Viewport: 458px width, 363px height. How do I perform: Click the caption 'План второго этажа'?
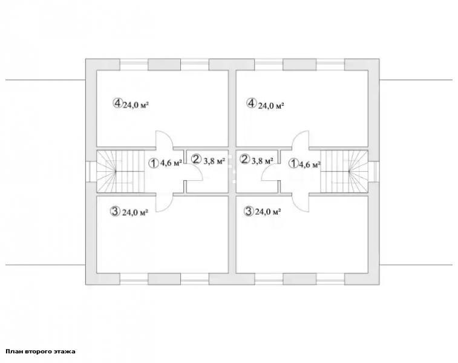[41, 352]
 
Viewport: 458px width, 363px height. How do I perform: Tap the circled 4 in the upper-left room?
[117, 103]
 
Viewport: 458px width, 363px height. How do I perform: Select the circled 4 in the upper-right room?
[251, 103]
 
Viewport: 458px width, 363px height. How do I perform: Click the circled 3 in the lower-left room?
[115, 211]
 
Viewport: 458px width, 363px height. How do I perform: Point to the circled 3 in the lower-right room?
[249, 211]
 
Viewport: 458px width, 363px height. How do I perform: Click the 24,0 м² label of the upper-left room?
[136, 105]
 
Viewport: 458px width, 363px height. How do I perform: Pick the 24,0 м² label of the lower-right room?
[268, 212]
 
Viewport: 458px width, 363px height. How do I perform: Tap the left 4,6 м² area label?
[171, 163]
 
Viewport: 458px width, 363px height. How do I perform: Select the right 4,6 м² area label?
[309, 165]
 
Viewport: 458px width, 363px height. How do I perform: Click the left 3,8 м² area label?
[214, 160]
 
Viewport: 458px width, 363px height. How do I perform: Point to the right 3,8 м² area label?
[263, 160]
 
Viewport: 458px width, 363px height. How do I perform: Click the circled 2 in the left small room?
[196, 159]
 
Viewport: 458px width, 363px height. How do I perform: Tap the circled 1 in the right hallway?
[293, 164]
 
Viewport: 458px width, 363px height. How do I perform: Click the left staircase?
[120, 171]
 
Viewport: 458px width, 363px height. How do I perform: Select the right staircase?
[344, 171]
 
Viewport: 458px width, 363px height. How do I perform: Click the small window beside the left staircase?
[91, 171]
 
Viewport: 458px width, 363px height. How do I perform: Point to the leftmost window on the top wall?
[134, 65]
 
